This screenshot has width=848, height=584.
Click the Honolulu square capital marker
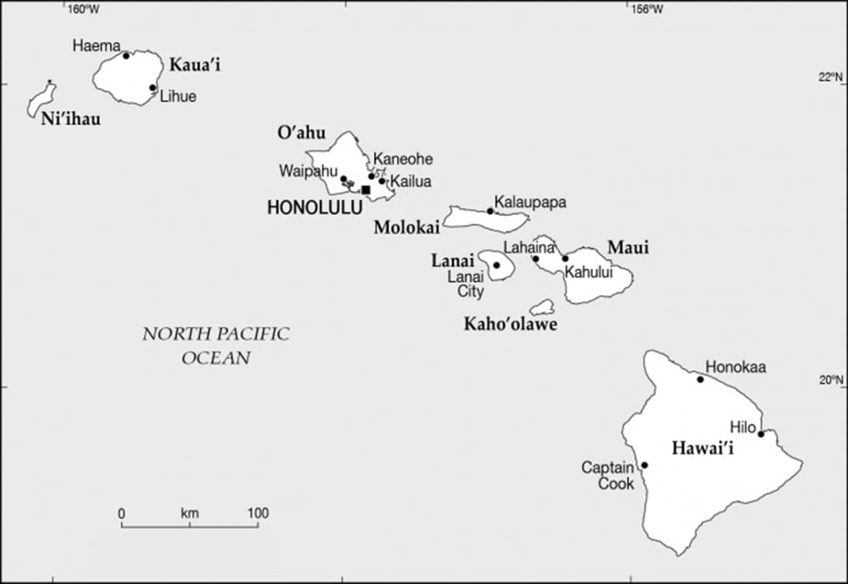click(x=365, y=189)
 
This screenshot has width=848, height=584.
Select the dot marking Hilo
click(x=760, y=433)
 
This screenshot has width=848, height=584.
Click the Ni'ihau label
click(x=70, y=119)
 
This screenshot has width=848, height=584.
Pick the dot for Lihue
click(x=153, y=88)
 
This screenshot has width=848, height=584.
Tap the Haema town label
click(x=96, y=46)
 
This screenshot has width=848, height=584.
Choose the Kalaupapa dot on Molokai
click(x=490, y=211)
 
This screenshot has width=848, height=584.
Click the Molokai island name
click(x=406, y=227)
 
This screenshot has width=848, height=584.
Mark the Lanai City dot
click(x=496, y=265)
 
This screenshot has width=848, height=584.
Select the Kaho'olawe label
click(x=509, y=325)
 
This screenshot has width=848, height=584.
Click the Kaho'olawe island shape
click(x=543, y=308)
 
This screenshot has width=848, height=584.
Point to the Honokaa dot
click(x=700, y=380)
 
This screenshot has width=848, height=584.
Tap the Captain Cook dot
click(x=644, y=465)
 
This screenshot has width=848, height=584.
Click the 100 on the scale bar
click(x=257, y=513)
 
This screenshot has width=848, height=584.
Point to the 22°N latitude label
click(x=830, y=78)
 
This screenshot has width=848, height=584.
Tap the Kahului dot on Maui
click(x=564, y=259)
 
